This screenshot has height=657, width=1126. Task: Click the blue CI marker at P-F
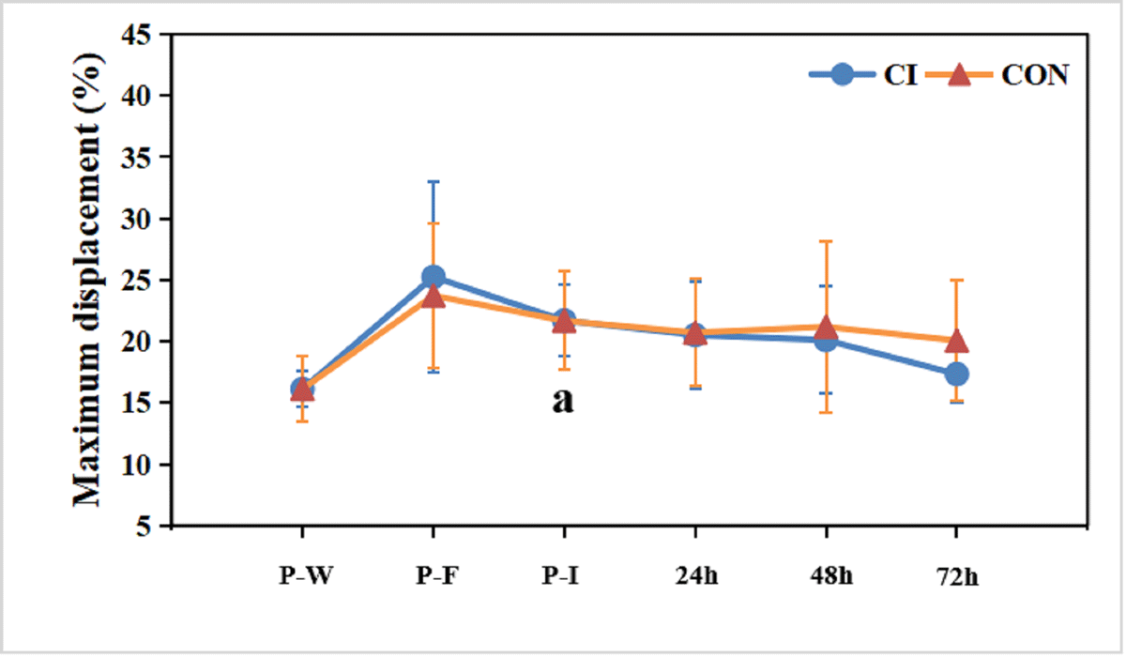[433, 276]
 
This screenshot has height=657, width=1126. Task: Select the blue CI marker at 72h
[956, 374]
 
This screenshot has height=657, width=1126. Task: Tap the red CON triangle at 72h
[956, 342]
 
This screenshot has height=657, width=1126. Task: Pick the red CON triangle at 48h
[826, 328]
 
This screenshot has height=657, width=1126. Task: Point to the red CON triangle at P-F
[433, 297]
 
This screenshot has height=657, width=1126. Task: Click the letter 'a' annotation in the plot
[563, 401]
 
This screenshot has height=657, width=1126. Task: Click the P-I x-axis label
[563, 576]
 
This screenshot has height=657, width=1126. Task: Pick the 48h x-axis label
[826, 576]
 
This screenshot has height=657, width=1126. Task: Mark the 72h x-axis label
[956, 576]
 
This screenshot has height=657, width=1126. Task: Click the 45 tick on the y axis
[141, 35]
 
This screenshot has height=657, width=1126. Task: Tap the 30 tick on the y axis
[141, 219]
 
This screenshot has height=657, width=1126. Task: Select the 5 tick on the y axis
[148, 527]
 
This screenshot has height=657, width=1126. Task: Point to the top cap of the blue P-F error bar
[433, 181]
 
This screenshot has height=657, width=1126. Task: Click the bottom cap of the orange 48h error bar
[826, 412]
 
